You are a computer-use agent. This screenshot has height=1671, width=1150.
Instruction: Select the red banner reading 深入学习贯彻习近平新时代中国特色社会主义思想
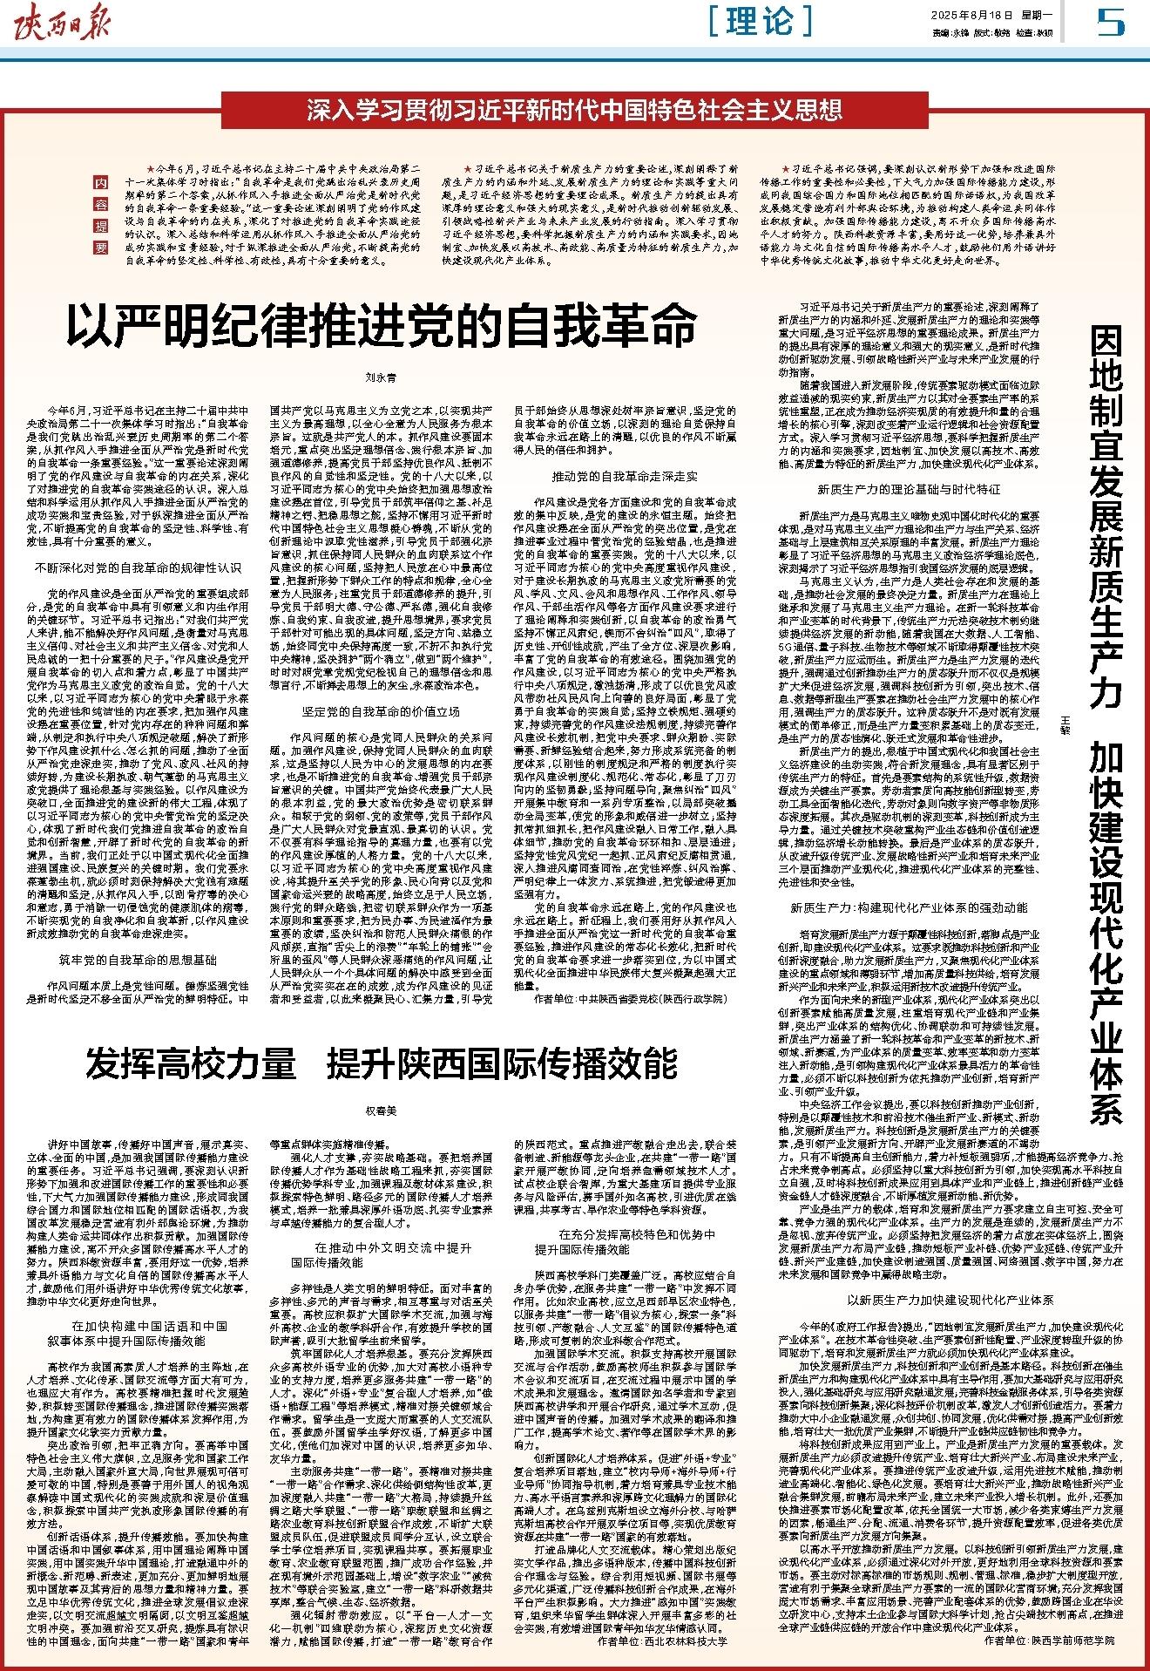(x=574, y=112)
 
